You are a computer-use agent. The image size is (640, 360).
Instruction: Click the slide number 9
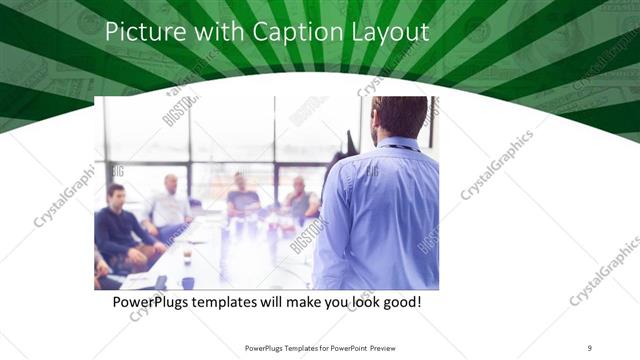coord(590,347)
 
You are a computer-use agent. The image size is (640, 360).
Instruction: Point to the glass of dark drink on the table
coord(187,256)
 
